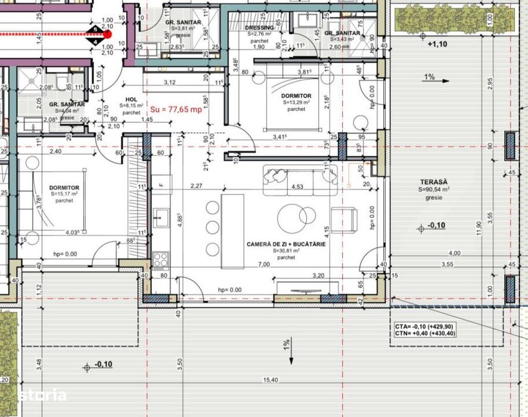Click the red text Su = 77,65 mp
click(177, 109)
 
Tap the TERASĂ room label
click(433, 181)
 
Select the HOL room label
click(131, 100)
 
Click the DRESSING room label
click(259, 27)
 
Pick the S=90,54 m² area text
click(433, 189)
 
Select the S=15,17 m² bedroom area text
click(64, 194)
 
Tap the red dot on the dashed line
click(107, 35)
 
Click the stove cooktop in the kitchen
click(161, 260)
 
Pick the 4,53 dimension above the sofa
click(296, 187)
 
